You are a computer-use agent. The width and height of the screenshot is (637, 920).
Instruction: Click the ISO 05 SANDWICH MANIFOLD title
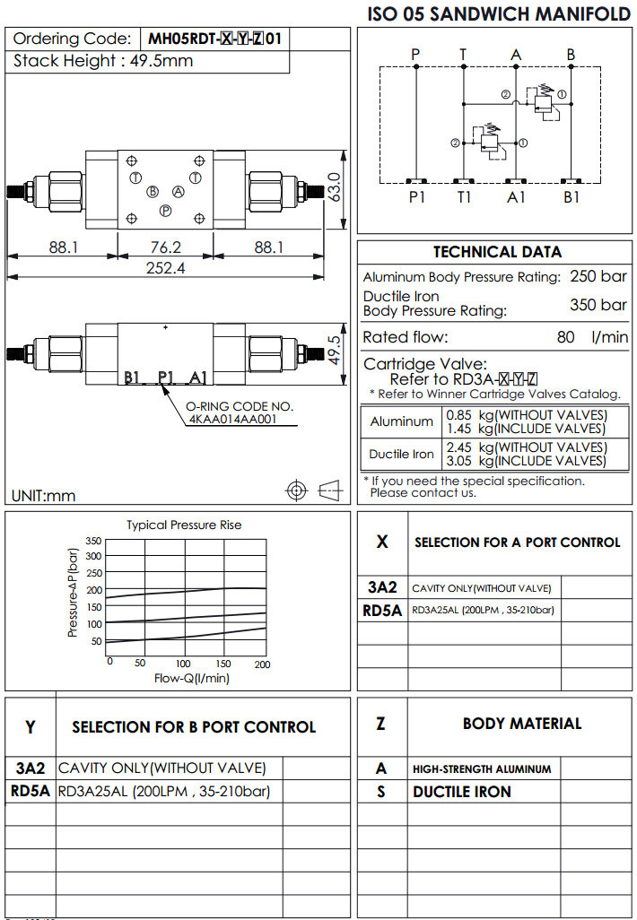(500, 13)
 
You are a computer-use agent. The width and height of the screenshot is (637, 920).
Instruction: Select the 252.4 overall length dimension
(166, 268)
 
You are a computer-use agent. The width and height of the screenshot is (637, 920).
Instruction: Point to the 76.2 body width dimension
(166, 247)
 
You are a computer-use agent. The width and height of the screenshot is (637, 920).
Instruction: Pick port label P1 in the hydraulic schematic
(417, 197)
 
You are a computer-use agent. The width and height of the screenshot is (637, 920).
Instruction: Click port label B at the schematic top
(571, 55)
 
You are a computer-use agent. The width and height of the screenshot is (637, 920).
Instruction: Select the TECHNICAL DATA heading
(497, 252)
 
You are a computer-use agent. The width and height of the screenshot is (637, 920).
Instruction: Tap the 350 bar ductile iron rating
(598, 305)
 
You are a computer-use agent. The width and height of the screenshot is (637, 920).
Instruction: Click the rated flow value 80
(566, 338)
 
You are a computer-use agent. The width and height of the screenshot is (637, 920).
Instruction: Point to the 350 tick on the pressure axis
(93, 541)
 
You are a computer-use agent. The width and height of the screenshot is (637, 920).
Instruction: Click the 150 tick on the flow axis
(224, 664)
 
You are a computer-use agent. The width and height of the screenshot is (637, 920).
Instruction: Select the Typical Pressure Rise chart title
(184, 525)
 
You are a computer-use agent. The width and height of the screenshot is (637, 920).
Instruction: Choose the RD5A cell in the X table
(382, 611)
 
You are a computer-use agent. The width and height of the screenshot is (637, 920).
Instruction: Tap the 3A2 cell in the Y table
(31, 768)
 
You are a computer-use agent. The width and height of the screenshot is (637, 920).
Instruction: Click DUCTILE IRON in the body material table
(462, 792)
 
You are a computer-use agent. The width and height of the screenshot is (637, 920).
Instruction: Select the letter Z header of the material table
(381, 723)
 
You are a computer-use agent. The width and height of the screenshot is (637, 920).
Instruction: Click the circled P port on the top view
(165, 210)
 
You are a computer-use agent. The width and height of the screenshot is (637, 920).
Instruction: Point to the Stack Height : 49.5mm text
(103, 61)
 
